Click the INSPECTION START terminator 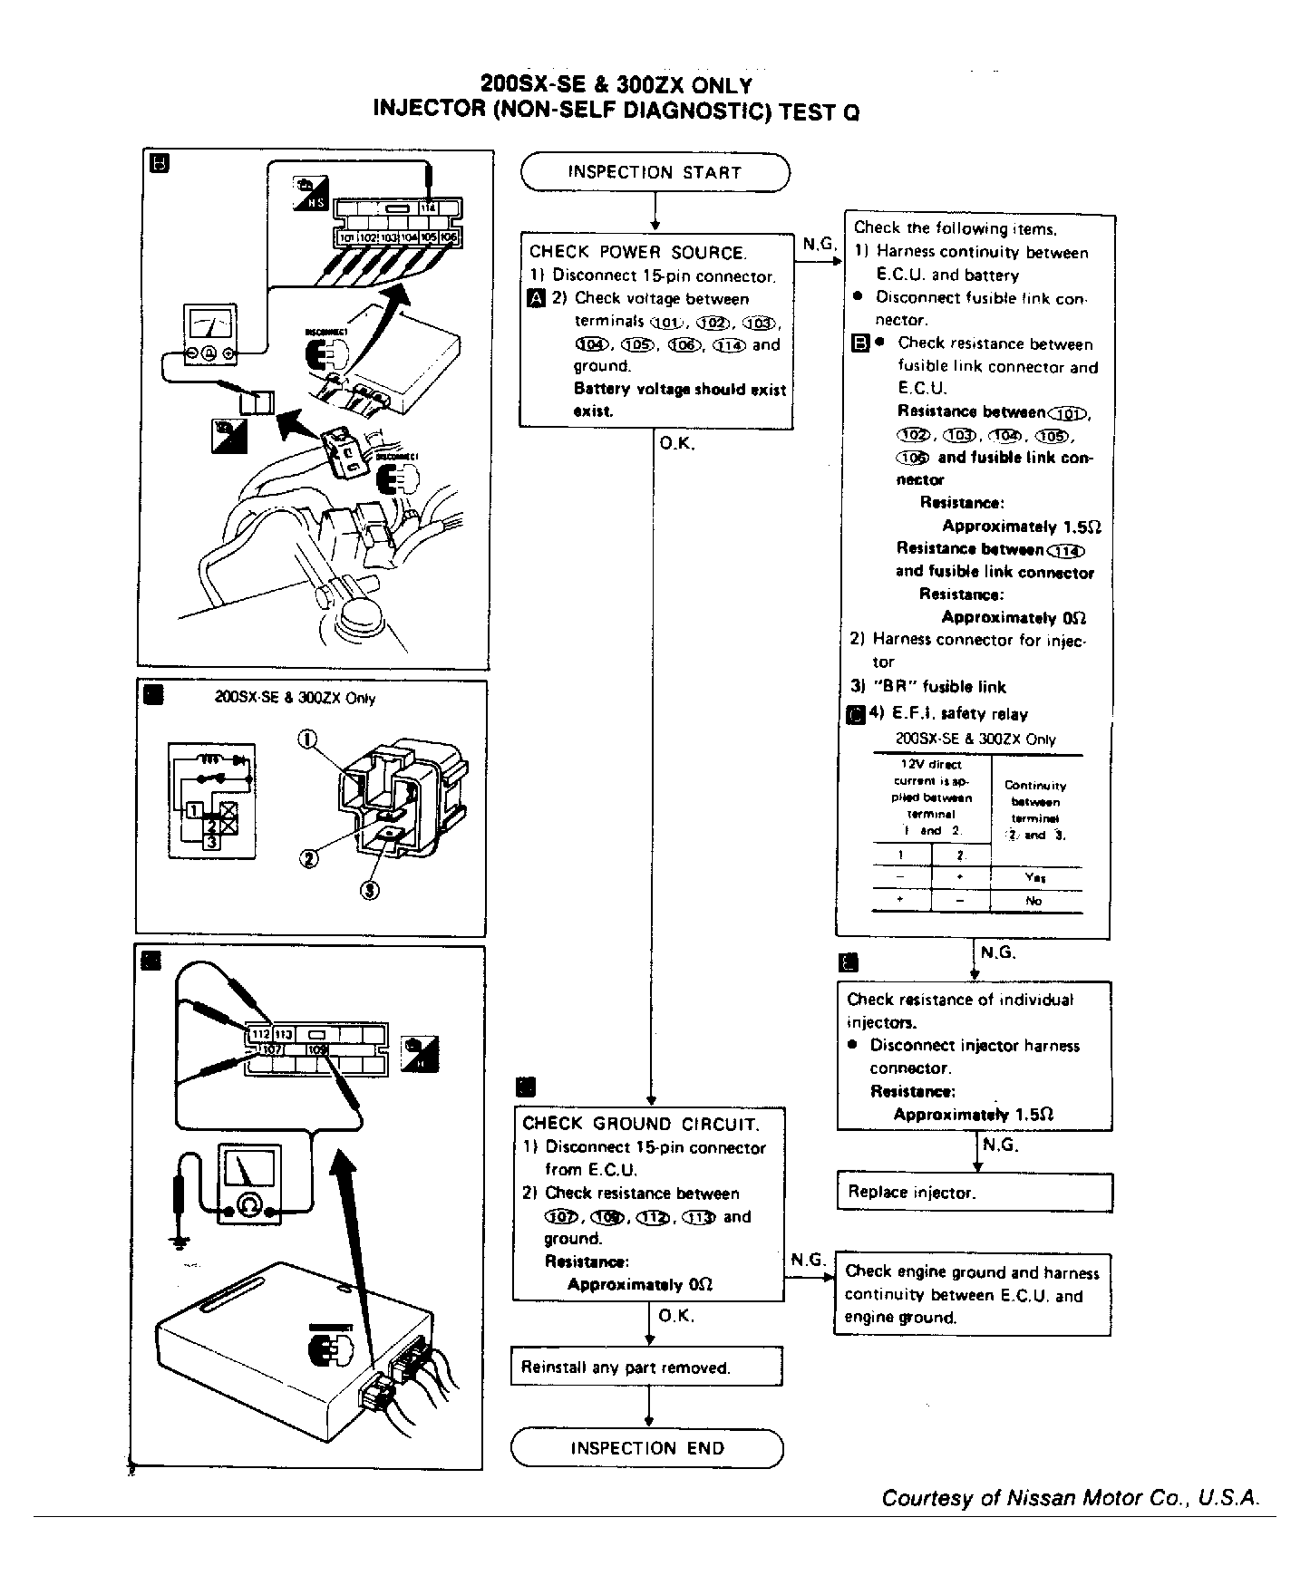[655, 172]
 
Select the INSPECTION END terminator [647, 1448]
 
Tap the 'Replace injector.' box [974, 1193]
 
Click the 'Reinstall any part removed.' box [646, 1367]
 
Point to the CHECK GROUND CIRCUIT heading [640, 1125]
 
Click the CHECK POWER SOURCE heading [637, 253]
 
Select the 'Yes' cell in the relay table [1035, 877]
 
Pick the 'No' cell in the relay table [1034, 901]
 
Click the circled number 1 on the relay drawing [305, 740]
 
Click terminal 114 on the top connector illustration [430, 208]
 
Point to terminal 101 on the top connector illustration [346, 237]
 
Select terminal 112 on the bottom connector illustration [260, 1034]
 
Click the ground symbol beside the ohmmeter [180, 1240]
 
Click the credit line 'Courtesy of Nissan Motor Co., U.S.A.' [1071, 1498]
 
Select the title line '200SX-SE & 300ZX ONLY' [616, 85]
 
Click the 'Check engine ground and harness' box [972, 1295]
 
